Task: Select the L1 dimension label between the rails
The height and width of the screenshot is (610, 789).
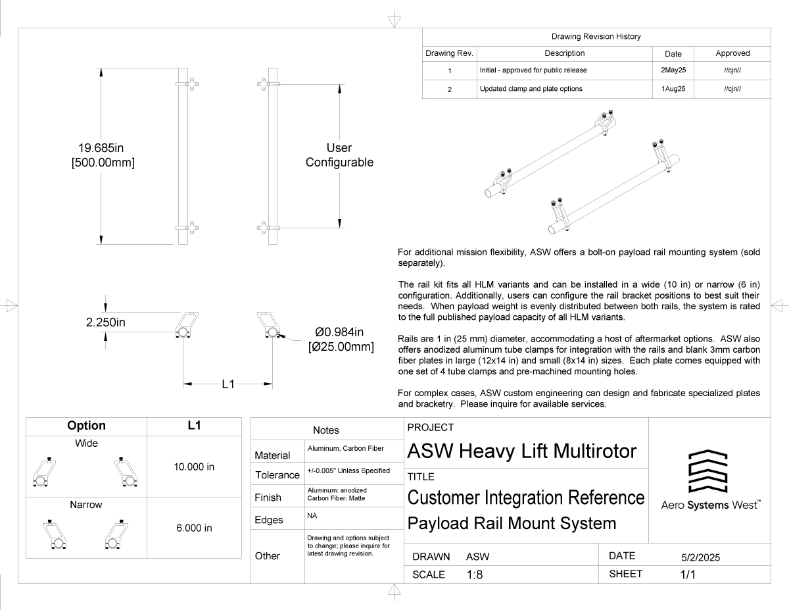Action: coord(227,384)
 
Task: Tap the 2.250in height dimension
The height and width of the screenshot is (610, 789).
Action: coord(105,322)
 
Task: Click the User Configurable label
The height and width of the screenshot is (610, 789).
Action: coord(339,155)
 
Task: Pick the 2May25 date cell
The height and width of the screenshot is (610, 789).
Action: coord(673,70)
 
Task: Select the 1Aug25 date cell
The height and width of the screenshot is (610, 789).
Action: coord(673,89)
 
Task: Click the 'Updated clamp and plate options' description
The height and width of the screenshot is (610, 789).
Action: coord(531,89)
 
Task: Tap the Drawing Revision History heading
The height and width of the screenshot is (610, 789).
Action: coord(596,36)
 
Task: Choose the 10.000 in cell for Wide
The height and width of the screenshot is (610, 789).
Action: coord(194,467)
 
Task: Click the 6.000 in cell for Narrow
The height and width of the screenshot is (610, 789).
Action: coord(194,528)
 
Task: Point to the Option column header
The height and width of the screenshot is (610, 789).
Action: coord(86,426)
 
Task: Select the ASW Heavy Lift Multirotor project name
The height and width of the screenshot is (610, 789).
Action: coord(522,451)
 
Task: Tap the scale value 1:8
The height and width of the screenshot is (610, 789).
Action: coord(475,574)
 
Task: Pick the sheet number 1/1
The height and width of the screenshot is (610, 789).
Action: coord(687,574)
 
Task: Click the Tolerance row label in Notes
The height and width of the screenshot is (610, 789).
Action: coord(277,474)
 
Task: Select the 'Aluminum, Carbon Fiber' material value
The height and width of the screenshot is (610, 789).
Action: coord(346,448)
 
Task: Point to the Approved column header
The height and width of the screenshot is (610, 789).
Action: coord(732,53)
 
